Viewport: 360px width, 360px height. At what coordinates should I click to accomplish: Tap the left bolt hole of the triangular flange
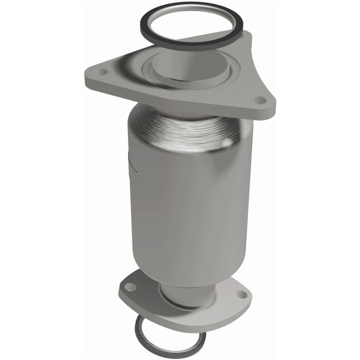(103, 72)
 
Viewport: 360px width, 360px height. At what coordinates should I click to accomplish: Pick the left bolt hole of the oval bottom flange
(130, 287)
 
